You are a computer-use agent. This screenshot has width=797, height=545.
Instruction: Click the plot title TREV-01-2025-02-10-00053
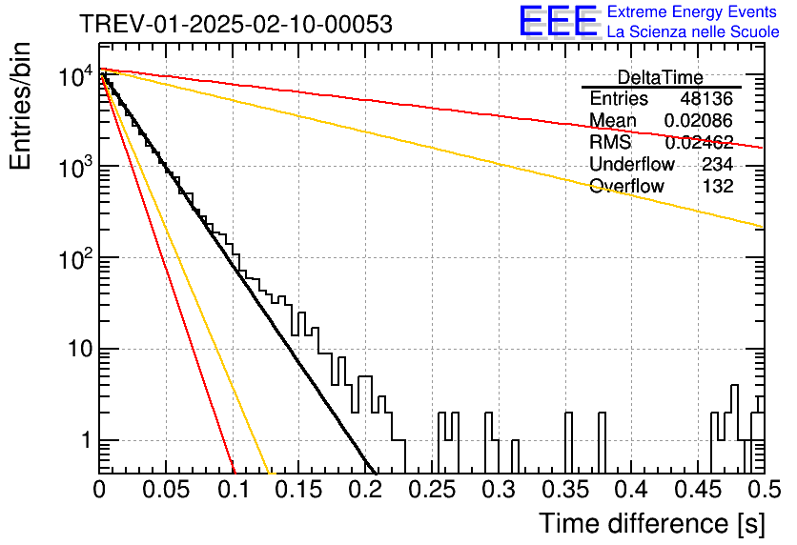coord(235,25)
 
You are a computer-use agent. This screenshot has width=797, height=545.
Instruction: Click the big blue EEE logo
coord(559,21)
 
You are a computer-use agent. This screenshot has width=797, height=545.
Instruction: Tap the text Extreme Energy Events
coord(692,11)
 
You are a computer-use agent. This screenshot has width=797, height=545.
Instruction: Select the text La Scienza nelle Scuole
coord(693,31)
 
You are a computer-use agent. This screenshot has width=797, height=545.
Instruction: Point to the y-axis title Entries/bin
coord(20,106)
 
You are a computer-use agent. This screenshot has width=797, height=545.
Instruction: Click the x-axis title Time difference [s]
coord(652,523)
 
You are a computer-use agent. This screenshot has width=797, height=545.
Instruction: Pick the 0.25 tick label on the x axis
coord(432,490)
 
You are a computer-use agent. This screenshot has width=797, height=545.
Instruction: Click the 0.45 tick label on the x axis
coord(698,490)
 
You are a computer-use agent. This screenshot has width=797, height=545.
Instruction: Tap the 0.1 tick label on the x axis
coord(234,490)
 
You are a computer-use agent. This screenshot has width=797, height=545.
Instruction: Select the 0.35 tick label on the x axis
coord(564,490)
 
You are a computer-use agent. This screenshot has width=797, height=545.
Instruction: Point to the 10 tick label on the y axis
coord(80,350)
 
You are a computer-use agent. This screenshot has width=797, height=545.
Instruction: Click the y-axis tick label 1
coord(87,440)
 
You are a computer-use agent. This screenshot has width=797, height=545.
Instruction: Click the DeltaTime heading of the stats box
coord(661,77)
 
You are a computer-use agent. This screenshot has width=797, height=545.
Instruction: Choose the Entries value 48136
coord(706,98)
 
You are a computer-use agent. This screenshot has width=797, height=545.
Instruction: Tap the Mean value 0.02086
coord(699,120)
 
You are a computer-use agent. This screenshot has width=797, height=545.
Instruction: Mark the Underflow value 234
coord(718,164)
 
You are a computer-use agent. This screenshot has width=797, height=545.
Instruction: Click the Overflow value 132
coord(718,186)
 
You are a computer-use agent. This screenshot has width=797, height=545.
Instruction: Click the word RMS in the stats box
coord(610,142)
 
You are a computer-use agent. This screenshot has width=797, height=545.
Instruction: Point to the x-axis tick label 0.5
coord(765,490)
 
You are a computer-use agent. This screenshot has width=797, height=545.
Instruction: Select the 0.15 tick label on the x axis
coord(299,490)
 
